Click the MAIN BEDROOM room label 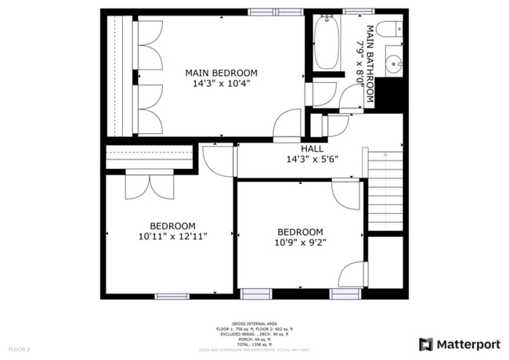click(221, 73)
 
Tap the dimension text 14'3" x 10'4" click(221, 84)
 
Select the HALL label click(312, 149)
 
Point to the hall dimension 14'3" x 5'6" click(312, 160)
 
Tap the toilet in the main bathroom click(387, 30)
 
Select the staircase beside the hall click(384, 192)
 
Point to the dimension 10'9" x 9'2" click(300, 243)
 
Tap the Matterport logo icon click(426, 344)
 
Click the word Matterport click(468, 344)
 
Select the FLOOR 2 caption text click(19, 348)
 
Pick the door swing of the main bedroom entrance click(289, 125)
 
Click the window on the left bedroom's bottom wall click(171, 296)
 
